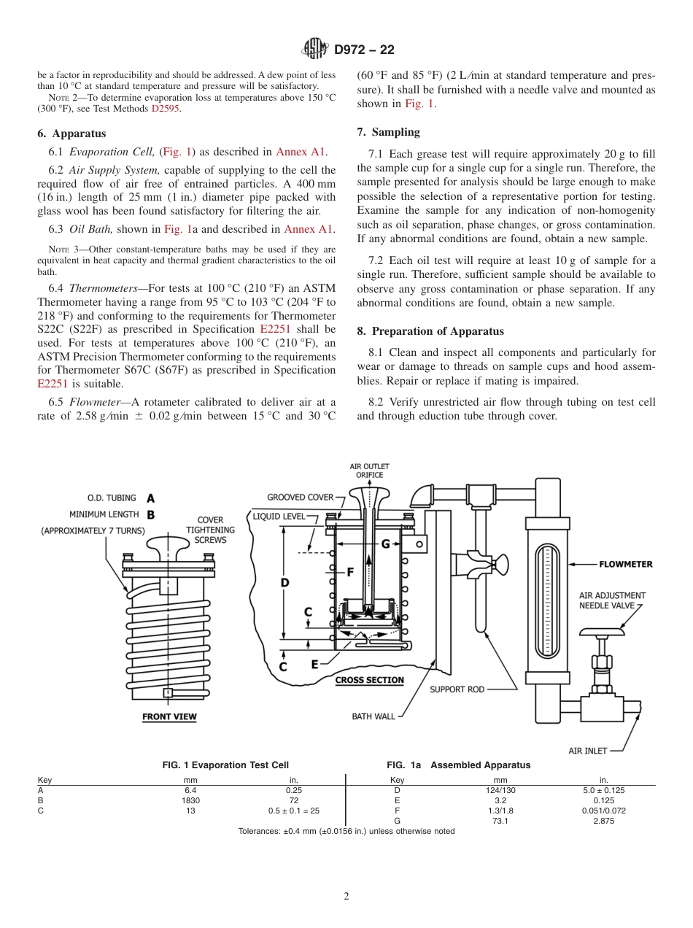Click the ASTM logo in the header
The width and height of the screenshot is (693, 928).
pyautogui.click(x=316, y=50)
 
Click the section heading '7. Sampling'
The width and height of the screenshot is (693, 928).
pyautogui.click(x=388, y=132)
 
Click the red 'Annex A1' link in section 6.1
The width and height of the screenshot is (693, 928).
pyautogui.click(x=301, y=152)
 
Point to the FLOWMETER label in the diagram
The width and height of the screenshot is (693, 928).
pyautogui.click(x=626, y=564)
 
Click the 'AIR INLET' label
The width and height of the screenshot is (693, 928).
pyautogui.click(x=587, y=751)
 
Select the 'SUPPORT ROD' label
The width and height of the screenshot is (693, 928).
pyautogui.click(x=457, y=689)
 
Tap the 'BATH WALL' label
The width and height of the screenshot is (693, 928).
pyautogui.click(x=373, y=716)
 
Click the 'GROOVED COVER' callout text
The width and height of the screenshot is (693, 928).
pyautogui.click(x=300, y=498)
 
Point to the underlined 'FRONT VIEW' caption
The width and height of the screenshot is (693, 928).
pyautogui.click(x=169, y=716)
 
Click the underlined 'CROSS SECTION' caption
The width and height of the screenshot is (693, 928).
pyautogui.click(x=369, y=680)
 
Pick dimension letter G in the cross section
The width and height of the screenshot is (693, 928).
pyautogui.click(x=385, y=543)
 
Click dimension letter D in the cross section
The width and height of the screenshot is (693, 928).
pyautogui.click(x=284, y=582)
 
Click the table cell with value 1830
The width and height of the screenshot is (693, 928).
pyautogui.click(x=190, y=800)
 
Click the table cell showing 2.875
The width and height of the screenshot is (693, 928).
pyautogui.click(x=603, y=820)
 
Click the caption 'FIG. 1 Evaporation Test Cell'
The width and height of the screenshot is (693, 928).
pyautogui.click(x=225, y=765)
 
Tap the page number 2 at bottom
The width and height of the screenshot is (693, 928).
pyautogui.click(x=346, y=897)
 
